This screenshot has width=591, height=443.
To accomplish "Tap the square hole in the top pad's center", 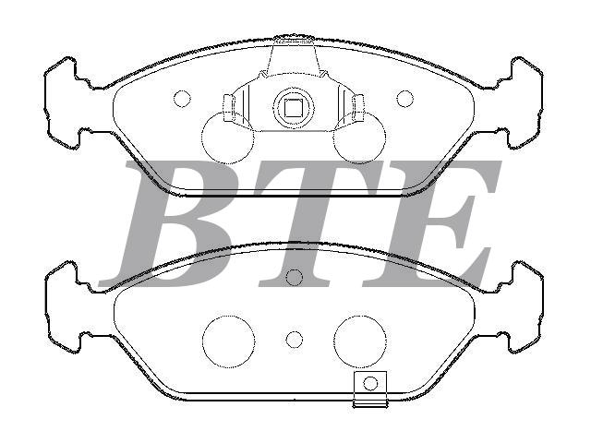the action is pyautogui.click(x=293, y=109).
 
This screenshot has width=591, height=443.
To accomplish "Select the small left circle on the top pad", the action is pyautogui.click(x=182, y=99).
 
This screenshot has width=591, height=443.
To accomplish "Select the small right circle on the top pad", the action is pyautogui.click(x=404, y=99).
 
